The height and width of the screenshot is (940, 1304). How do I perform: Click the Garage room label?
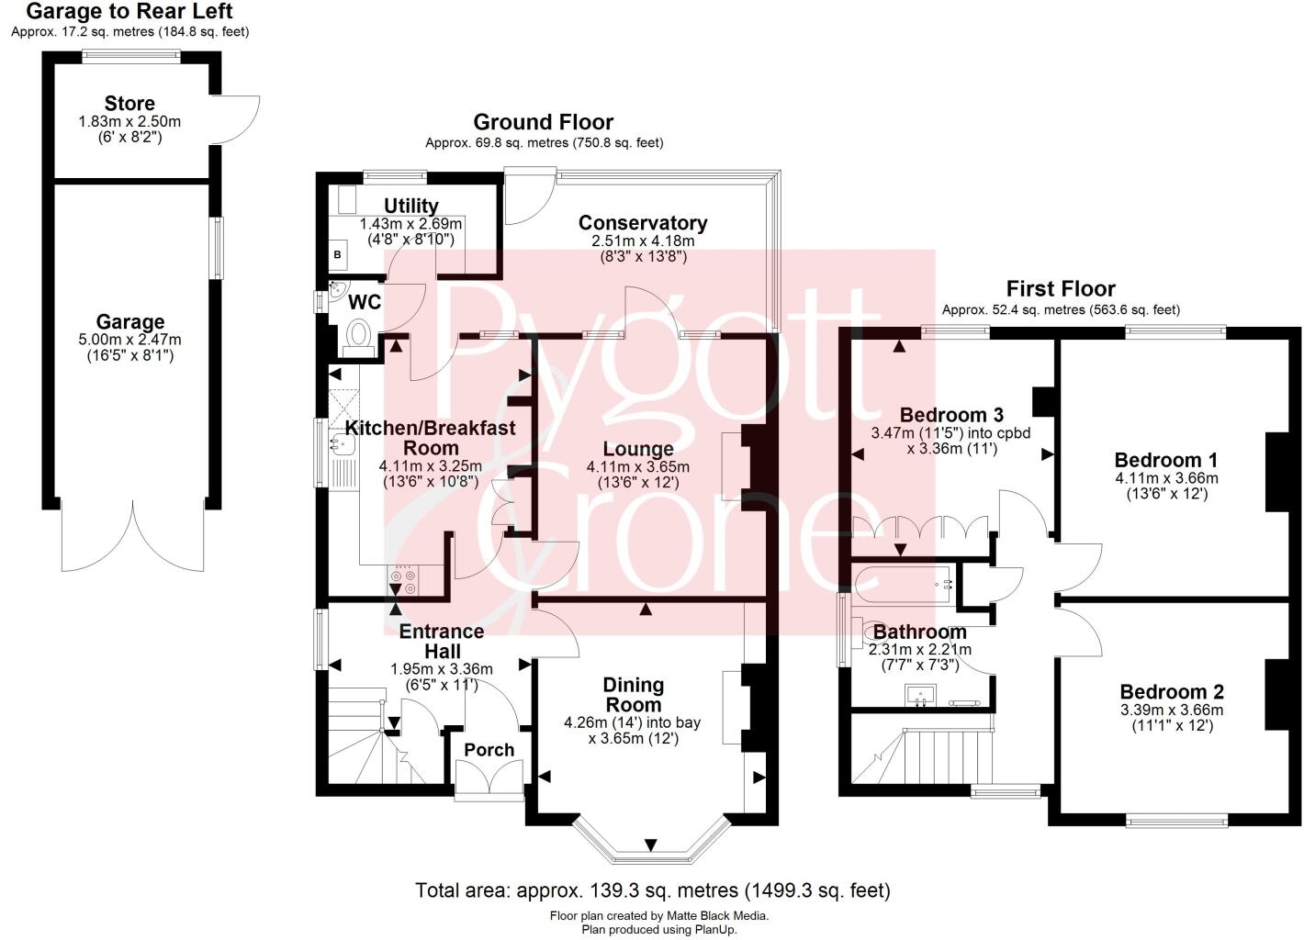[x=130, y=322]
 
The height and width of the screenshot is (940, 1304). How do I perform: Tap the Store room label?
[x=129, y=104]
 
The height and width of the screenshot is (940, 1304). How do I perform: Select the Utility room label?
[x=410, y=206]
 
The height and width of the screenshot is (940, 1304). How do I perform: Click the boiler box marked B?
[x=337, y=254]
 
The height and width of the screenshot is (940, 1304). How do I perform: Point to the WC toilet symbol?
[x=359, y=335]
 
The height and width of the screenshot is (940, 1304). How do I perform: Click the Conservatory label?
[x=643, y=223]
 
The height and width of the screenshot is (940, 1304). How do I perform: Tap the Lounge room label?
[x=638, y=449]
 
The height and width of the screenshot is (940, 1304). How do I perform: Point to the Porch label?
[x=489, y=750]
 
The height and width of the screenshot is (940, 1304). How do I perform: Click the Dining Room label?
[x=633, y=695]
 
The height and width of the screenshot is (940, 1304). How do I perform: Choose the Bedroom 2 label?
[x=1172, y=692]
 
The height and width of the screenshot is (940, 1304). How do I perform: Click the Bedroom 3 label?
[x=951, y=414]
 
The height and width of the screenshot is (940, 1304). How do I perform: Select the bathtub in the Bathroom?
[x=905, y=584]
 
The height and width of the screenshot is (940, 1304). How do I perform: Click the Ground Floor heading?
[x=544, y=122]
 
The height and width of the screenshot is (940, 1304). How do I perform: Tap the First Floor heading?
[x=1061, y=289]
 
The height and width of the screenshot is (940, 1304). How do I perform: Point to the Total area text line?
[x=653, y=890]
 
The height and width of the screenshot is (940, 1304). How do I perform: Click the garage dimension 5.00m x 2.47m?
[x=130, y=340]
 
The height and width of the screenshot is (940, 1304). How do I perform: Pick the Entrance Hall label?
[x=442, y=641]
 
